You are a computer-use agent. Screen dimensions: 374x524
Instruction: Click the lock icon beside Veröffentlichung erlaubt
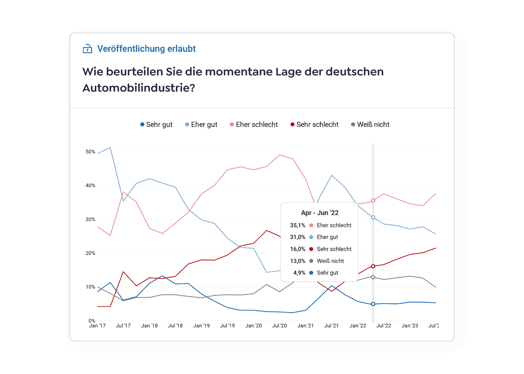[x=88, y=49]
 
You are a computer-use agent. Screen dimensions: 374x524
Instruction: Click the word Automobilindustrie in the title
[x=138, y=88]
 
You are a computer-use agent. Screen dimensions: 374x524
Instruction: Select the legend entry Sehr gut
[x=156, y=124]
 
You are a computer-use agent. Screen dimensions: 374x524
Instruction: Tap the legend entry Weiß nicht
[x=370, y=124]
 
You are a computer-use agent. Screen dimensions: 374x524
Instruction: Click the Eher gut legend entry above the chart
[x=201, y=124]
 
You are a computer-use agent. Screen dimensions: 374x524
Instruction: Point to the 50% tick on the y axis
[x=90, y=152]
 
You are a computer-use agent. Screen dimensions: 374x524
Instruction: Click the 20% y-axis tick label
[x=90, y=253]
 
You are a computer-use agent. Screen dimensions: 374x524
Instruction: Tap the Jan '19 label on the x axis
[x=201, y=326]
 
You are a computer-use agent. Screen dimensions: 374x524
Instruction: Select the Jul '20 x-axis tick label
[x=280, y=326]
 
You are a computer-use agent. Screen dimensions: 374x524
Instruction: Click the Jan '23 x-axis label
[x=410, y=326]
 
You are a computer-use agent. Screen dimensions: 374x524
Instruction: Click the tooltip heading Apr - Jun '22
[x=320, y=213]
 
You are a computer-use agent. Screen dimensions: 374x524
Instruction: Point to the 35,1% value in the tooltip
[x=298, y=225]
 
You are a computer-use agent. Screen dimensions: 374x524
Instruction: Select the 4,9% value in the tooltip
[x=299, y=273]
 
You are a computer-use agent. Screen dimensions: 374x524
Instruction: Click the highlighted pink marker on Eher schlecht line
[x=373, y=200]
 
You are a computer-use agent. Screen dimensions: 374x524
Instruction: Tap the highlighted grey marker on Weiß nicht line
[x=373, y=277]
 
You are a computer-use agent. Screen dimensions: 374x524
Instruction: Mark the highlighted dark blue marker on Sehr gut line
[x=373, y=304]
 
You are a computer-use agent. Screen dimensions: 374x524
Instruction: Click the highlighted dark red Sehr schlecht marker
[x=373, y=266]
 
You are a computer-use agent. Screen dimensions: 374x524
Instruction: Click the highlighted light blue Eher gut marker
[x=373, y=218]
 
